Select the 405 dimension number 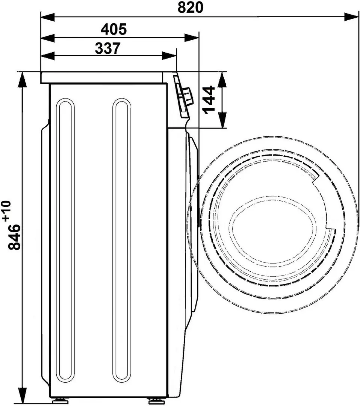click(114, 29)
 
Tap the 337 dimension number click(107, 48)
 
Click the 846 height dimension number click(16, 237)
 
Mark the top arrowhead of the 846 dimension click(23, 79)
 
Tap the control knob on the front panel click(187, 95)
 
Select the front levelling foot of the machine click(154, 401)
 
